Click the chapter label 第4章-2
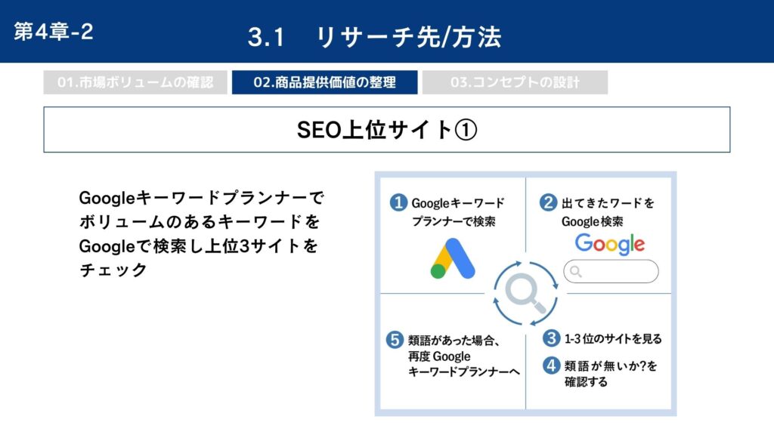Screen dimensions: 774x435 (x=54, y=32)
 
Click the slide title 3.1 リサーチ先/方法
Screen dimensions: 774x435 (x=374, y=37)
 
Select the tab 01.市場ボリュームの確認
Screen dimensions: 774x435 (x=135, y=82)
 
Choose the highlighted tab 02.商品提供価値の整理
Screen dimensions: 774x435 (x=325, y=82)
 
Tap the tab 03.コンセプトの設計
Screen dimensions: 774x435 (x=515, y=82)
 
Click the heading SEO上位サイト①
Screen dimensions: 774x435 (x=386, y=130)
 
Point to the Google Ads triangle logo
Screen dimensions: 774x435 (x=453, y=258)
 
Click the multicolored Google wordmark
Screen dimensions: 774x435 (x=610, y=244)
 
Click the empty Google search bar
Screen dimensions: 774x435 (x=611, y=271)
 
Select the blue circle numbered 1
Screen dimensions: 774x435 (x=398, y=202)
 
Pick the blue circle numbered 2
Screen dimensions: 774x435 (x=548, y=202)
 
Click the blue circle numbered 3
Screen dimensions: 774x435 (x=551, y=338)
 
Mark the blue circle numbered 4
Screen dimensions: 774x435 (x=551, y=366)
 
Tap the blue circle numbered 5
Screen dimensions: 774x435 (x=395, y=340)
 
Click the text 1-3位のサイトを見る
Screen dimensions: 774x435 (x=613, y=339)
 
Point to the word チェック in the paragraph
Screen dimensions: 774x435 (x=113, y=270)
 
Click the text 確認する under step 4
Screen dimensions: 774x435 (x=586, y=381)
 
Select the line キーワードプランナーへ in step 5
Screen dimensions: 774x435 (x=464, y=372)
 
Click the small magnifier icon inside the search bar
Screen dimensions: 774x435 (x=575, y=271)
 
